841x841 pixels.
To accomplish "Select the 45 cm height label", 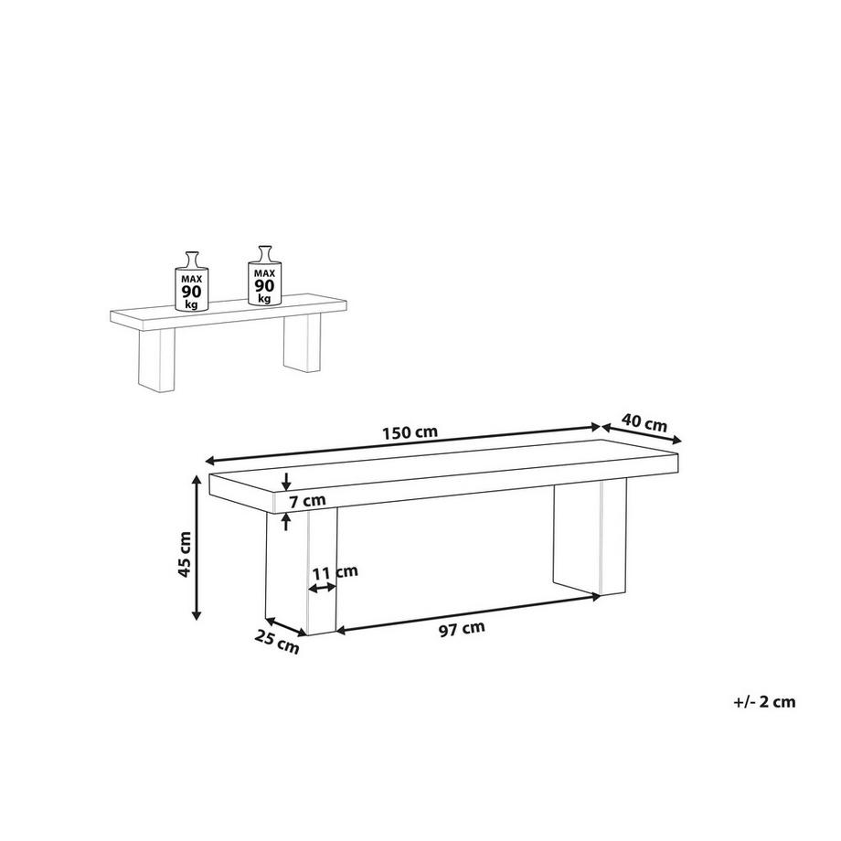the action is (x=184, y=554).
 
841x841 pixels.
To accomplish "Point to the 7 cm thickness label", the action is (x=307, y=502).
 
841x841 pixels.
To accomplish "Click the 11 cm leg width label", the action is (x=335, y=572).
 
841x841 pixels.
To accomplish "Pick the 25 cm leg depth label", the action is (x=277, y=643).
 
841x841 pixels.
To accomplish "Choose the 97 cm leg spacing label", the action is (x=462, y=629).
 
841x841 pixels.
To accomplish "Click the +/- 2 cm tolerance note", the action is (x=764, y=701).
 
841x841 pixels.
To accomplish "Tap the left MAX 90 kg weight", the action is (x=191, y=281).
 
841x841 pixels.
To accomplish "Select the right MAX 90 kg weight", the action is (x=264, y=276).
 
